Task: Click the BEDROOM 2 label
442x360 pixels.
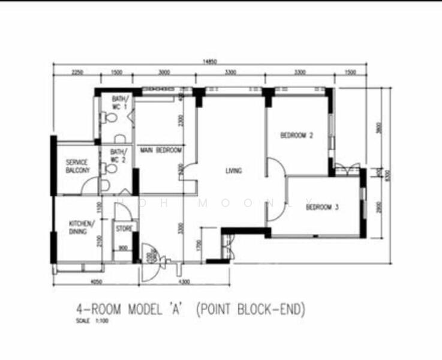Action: tap(297, 136)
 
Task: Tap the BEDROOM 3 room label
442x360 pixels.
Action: tap(322, 208)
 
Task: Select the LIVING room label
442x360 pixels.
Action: tap(233, 171)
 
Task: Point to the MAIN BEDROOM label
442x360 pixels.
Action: tap(161, 150)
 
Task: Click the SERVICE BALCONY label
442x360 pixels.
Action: tap(77, 166)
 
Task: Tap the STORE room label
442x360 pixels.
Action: tap(124, 228)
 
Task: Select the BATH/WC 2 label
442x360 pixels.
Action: tap(118, 156)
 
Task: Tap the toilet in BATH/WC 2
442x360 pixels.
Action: tap(111, 169)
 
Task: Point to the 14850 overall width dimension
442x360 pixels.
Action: tap(209, 61)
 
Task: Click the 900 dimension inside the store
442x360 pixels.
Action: tap(123, 248)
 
